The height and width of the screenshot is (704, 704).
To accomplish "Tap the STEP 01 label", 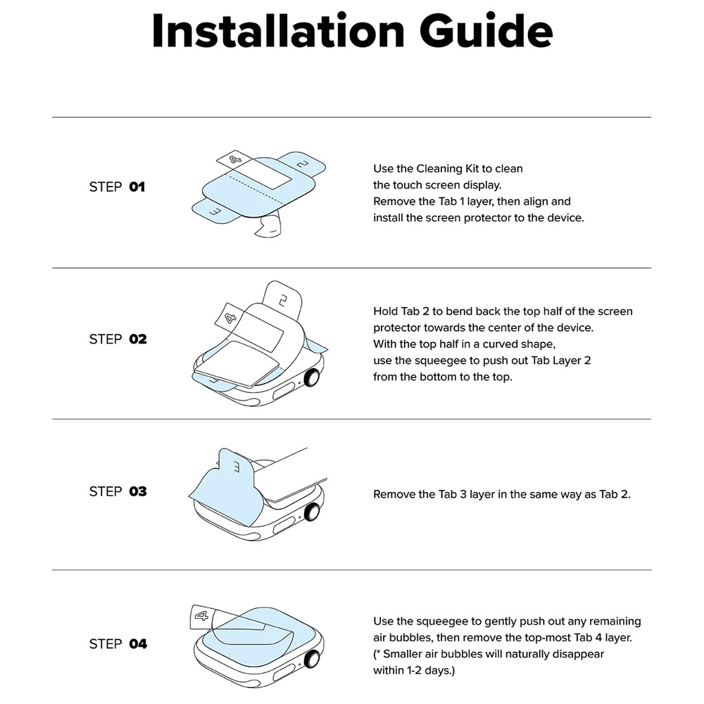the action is click(x=117, y=187).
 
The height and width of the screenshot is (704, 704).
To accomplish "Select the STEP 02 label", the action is click(x=118, y=339).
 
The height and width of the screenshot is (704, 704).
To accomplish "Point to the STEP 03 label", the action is click(x=118, y=491).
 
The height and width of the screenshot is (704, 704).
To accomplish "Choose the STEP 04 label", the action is click(x=118, y=644).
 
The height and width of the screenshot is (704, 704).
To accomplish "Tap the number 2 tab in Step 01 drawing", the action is click(x=302, y=164).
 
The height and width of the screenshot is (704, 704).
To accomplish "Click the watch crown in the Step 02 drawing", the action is click(x=312, y=377).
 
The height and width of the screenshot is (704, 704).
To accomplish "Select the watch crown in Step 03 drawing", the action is click(x=312, y=513).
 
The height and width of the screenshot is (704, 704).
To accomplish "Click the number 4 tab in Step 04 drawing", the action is click(x=201, y=616).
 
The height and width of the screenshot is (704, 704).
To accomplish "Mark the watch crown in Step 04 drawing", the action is click(x=312, y=660).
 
